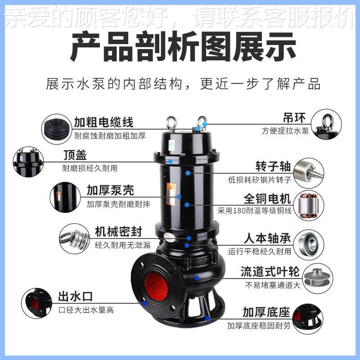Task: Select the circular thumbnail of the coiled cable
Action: [x=57, y=128]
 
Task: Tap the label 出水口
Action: [x=75, y=297]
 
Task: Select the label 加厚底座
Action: [x=266, y=312]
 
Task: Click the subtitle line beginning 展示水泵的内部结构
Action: [x=183, y=84]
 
